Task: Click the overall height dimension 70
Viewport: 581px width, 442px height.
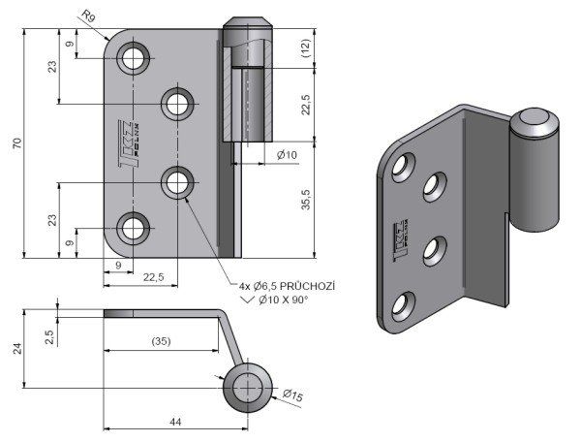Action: pyautogui.click(x=16, y=143)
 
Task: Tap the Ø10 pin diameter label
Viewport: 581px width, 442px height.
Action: pyautogui.click(x=287, y=155)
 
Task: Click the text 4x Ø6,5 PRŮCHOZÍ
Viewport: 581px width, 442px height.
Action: pyautogui.click(x=287, y=286)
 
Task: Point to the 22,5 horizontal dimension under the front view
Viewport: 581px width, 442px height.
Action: pyautogui.click(x=153, y=277)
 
